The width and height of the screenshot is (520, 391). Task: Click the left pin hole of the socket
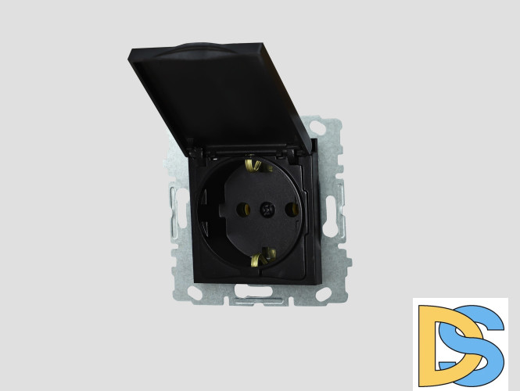pyautogui.click(x=242, y=209)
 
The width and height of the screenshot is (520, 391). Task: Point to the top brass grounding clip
pyautogui.click(x=253, y=164)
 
